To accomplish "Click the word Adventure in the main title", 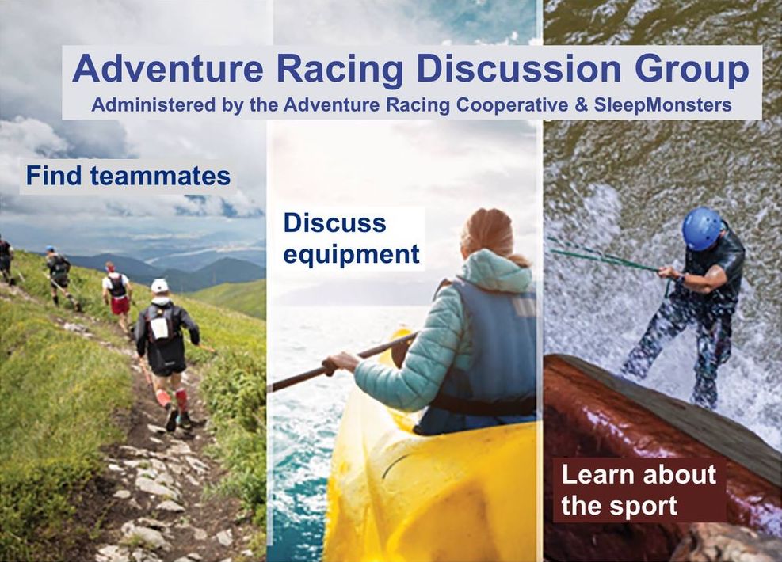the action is [168, 68].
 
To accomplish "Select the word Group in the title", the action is [692, 70].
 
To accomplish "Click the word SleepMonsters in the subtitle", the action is [663, 105].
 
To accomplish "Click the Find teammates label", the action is [128, 176].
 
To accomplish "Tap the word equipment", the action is [351, 255].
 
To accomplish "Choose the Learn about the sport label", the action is [639, 490].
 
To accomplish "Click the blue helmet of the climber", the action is [702, 229].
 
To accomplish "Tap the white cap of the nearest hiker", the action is [159, 286].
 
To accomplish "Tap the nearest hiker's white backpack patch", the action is [159, 328].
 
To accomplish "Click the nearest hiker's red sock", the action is [181, 400].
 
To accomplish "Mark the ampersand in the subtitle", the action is [581, 105].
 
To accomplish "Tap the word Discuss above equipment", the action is [334, 222].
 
